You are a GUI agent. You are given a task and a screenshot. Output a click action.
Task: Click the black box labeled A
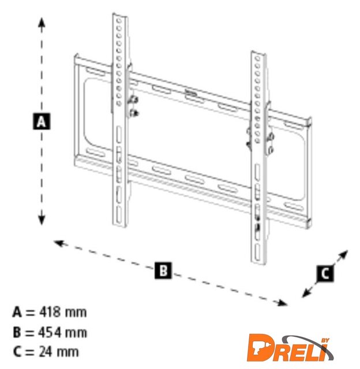coord(42,122)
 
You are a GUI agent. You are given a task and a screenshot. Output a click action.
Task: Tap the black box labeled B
coord(163,270)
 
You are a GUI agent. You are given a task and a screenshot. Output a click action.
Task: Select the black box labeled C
coord(325,273)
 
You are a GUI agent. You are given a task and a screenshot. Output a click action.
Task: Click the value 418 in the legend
coord(50,312)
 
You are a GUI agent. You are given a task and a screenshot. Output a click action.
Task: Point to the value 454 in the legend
coord(50,332)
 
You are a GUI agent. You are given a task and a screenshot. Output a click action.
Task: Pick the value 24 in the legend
coord(46,352)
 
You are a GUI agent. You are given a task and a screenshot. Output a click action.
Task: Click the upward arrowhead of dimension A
coord(42,24)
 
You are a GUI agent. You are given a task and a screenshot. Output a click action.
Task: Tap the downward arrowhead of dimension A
coord(42,219)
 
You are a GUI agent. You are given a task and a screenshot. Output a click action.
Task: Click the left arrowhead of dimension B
coord(59,243)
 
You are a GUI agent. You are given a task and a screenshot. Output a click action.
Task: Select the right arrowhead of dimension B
coord(282,303)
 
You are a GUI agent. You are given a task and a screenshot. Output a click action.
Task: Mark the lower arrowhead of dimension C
coord(307,293)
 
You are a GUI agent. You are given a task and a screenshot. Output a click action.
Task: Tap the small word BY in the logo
coord(325,341)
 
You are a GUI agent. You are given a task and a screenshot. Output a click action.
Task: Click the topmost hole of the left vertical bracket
coord(119,21)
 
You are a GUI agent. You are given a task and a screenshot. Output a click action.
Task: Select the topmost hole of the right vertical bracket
coord(257,58)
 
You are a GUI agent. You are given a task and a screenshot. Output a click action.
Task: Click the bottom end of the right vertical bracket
coord(259,263)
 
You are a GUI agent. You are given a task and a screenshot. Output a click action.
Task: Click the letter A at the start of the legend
coord(17,312)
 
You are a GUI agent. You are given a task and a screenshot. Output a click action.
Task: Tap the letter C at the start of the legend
coord(17,352)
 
